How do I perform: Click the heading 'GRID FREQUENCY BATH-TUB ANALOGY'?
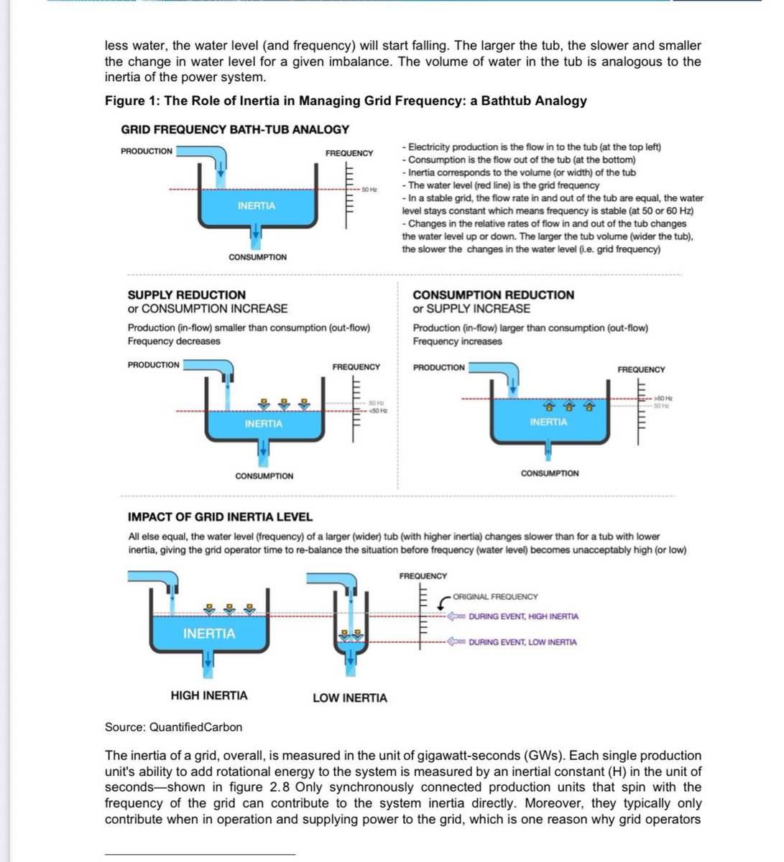tap(235, 129)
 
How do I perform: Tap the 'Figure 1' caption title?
tap(346, 101)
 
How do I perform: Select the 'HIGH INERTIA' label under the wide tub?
tap(208, 695)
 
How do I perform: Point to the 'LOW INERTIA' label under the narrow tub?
tap(349, 698)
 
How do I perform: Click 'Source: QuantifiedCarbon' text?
tap(173, 727)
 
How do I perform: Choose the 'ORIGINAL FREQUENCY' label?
tap(495, 596)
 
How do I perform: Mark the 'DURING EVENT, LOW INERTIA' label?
tap(522, 642)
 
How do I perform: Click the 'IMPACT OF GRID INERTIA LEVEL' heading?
tap(220, 516)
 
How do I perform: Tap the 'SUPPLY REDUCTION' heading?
tap(186, 295)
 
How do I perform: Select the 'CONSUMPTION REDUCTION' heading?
tap(493, 295)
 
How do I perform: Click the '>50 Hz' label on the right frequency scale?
tap(663, 398)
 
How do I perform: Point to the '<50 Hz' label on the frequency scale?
tap(378, 410)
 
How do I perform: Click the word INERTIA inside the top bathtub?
tap(256, 206)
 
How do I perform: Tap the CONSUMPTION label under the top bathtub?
tap(257, 257)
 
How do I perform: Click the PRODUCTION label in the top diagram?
tap(147, 151)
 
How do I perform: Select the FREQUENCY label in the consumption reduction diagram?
tap(641, 369)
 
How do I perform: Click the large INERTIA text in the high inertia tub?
tap(208, 634)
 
